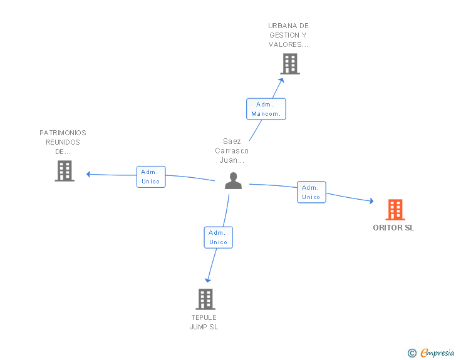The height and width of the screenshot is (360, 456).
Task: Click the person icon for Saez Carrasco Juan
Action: click(233, 181)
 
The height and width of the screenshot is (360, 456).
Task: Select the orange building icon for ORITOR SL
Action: click(395, 210)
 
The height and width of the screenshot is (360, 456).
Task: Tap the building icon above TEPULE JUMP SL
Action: click(205, 299)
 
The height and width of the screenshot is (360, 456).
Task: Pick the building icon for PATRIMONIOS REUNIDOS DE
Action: click(64, 171)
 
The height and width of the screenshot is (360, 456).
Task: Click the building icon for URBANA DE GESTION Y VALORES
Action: click(289, 64)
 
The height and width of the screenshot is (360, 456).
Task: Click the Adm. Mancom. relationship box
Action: click(266, 109)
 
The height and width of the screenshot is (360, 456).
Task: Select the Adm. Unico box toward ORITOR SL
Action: click(311, 192)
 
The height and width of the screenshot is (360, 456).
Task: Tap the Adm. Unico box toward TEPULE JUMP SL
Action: click(218, 237)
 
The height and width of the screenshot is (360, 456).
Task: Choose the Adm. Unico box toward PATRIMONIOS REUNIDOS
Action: click(150, 177)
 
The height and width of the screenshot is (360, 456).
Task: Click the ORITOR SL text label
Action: click(393, 228)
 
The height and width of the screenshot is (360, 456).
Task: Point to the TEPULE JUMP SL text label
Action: click(204, 322)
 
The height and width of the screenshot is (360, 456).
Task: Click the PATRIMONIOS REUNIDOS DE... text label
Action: click(63, 142)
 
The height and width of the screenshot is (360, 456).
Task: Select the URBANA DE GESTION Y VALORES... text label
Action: click(288, 35)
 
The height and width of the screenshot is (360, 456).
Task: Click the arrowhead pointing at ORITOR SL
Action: click(371, 201)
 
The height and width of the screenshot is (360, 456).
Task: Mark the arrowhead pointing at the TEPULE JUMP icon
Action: click(208, 280)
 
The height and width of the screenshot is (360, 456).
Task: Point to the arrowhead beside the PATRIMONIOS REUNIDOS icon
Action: click(89, 174)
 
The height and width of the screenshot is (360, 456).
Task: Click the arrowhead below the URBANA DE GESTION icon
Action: click(281, 80)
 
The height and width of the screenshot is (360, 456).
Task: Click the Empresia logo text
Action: click(437, 353)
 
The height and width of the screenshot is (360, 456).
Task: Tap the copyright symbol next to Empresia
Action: click(412, 354)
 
